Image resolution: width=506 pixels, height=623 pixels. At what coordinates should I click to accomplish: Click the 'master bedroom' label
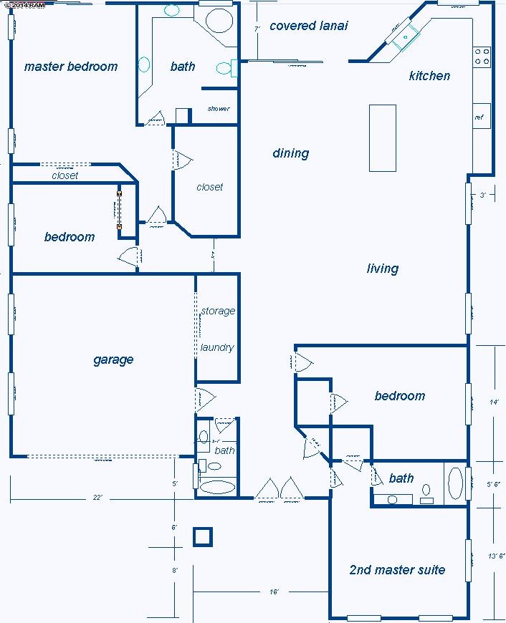tap(70, 67)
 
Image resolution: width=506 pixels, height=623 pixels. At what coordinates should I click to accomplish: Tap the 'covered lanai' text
tap(308, 26)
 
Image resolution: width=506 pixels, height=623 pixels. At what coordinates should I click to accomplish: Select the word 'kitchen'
tap(429, 75)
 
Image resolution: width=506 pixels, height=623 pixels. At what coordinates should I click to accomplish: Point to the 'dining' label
tap(290, 153)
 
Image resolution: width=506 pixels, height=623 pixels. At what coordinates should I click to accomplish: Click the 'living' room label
tap(382, 269)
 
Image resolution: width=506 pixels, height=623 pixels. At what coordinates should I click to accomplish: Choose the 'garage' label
tap(113, 359)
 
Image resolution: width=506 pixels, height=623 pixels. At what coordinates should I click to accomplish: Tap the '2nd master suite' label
tap(396, 570)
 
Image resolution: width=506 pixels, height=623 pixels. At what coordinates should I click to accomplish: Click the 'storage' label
tap(218, 311)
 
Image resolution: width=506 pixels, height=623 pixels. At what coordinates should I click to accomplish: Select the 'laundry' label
tap(217, 347)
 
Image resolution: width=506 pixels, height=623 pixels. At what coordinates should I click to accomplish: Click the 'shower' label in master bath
tap(219, 109)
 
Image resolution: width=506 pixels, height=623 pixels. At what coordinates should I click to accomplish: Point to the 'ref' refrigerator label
tap(479, 117)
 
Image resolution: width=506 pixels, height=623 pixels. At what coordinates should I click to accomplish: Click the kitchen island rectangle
tap(383, 137)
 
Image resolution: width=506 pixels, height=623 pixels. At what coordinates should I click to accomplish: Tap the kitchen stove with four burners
tap(482, 56)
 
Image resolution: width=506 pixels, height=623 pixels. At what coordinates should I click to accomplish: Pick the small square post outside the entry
tap(203, 536)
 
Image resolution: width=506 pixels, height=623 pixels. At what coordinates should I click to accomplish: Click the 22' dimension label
tap(97, 498)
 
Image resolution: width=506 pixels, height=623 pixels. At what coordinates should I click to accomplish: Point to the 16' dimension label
tap(274, 592)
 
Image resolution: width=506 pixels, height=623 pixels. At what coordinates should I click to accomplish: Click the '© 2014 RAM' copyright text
tap(24, 4)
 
